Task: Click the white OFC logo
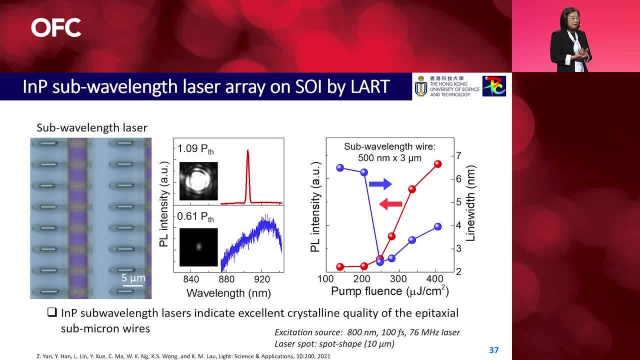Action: click(x=56, y=27)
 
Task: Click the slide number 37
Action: click(x=494, y=350)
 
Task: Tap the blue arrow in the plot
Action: click(x=380, y=184)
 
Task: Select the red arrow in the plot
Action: click(x=391, y=203)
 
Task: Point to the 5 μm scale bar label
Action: click(x=133, y=278)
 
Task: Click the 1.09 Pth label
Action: click(x=195, y=149)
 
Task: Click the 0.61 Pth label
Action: click(x=195, y=217)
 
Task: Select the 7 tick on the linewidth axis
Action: click(x=459, y=155)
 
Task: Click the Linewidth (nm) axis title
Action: click(x=470, y=203)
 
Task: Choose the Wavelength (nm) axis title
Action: click(x=228, y=292)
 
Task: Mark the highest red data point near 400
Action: click(x=438, y=164)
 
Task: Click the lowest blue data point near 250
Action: click(x=380, y=261)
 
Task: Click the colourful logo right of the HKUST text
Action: click(x=494, y=86)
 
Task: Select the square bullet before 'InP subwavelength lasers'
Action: click(x=52, y=312)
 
